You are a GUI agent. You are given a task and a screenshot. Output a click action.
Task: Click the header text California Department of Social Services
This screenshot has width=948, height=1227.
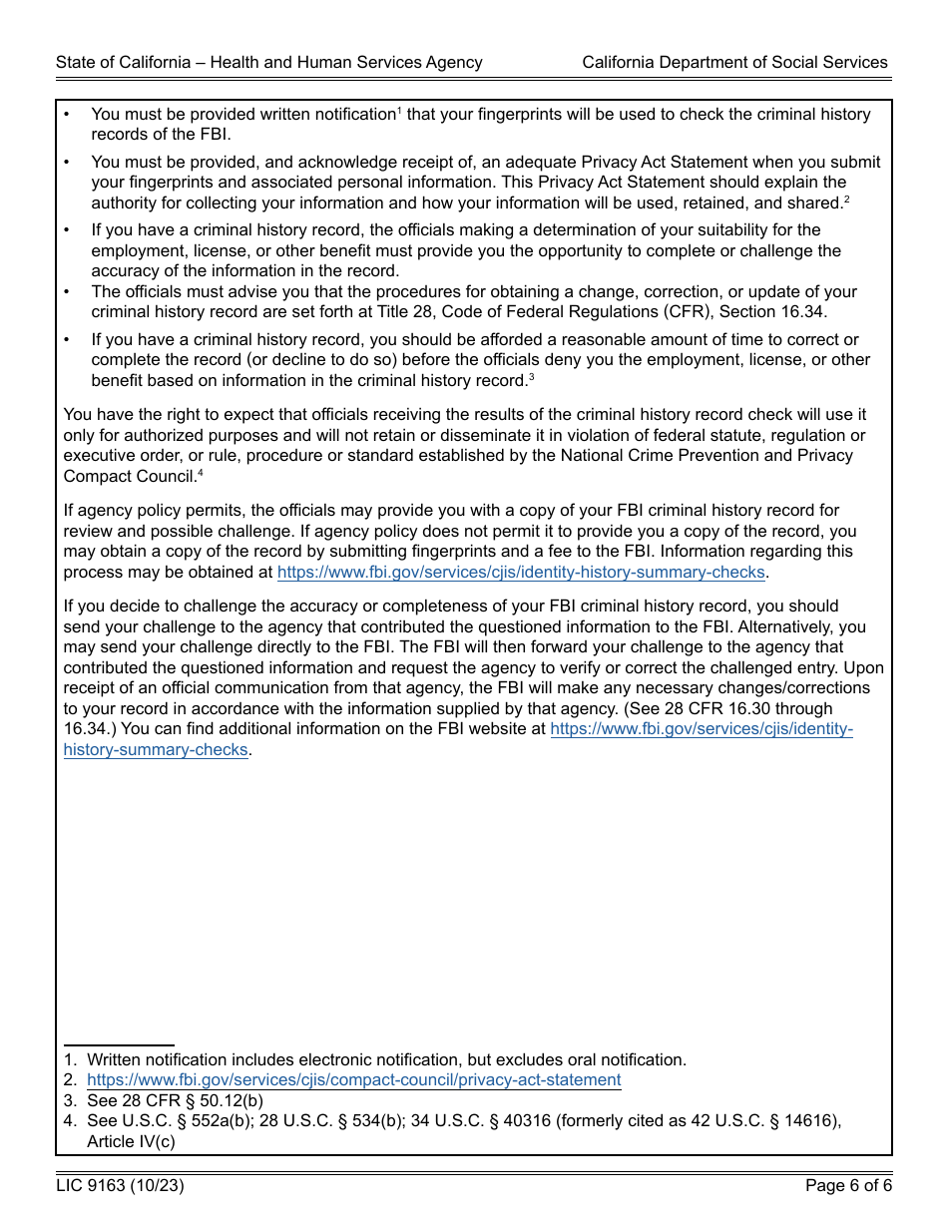(734, 62)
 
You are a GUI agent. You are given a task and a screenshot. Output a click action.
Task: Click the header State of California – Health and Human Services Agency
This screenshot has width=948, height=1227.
(269, 62)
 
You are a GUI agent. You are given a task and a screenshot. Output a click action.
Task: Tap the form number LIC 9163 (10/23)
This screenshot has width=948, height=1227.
(120, 1186)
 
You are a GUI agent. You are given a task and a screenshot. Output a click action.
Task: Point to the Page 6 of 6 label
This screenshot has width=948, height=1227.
(848, 1186)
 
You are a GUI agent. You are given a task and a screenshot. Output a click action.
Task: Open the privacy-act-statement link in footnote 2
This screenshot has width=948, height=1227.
(353, 1080)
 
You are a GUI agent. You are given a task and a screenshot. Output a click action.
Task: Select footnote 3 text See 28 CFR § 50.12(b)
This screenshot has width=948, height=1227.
(175, 1100)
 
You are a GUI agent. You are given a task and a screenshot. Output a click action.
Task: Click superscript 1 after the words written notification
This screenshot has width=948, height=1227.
(399, 110)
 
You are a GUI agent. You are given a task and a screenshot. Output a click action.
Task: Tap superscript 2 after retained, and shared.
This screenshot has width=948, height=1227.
(846, 200)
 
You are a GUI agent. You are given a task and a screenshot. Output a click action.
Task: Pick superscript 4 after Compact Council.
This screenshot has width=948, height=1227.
(201, 473)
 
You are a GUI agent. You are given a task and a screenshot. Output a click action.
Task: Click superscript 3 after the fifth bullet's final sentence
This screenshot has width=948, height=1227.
(532, 377)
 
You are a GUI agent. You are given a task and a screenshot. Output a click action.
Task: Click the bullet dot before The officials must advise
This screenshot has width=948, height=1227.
(67, 292)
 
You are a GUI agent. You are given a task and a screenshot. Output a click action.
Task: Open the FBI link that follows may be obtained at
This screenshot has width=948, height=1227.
(520, 573)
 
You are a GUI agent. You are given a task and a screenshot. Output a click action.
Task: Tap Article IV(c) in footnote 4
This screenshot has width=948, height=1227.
(131, 1141)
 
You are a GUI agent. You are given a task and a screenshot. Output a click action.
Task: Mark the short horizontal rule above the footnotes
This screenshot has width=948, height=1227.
(119, 1045)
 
